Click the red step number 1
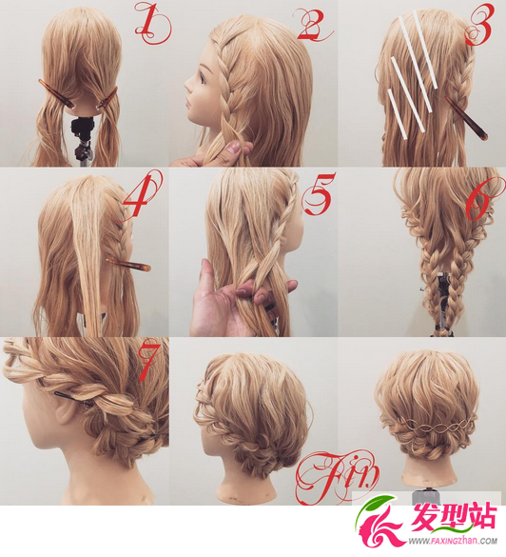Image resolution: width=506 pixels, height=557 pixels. pyautogui.click(x=152, y=23)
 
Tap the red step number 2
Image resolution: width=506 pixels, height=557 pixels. pyautogui.click(x=313, y=25)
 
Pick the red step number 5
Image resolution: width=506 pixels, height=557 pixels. pyautogui.click(x=319, y=194)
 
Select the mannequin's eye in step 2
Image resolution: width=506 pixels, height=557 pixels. pyautogui.click(x=203, y=78)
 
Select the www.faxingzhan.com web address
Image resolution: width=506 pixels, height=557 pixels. pyautogui.click(x=453, y=541)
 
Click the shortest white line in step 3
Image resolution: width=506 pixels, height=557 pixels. pyautogui.click(x=398, y=113)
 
